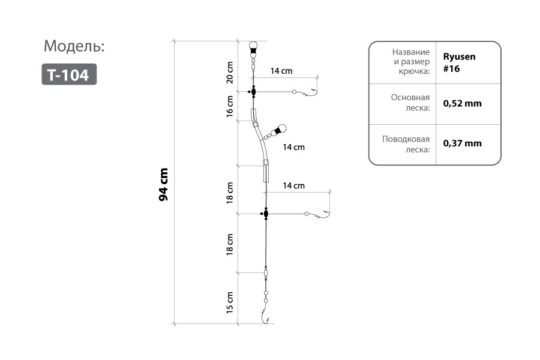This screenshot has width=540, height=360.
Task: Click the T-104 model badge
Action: (69, 74)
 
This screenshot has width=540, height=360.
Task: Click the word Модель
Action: (74, 46)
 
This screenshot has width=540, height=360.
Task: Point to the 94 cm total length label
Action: (163, 184)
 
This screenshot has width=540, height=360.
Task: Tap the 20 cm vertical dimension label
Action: (230, 73)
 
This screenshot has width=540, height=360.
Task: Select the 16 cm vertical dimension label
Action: (230, 106)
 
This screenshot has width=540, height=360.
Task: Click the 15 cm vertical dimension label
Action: (230, 302)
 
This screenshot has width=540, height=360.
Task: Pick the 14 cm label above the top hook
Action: (281, 71)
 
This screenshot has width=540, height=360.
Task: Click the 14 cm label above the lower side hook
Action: (294, 185)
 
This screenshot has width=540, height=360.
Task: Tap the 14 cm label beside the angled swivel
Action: (294, 147)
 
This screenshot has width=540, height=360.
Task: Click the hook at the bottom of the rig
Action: (265, 315)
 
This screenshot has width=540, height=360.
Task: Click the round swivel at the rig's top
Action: (253, 46)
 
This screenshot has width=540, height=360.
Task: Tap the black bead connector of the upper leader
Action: (253, 92)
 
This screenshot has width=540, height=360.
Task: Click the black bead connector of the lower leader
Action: (265, 214)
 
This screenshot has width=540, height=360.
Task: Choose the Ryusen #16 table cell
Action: (460, 62)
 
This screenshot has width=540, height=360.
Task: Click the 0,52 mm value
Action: (462, 103)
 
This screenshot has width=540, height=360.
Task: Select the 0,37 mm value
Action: (462, 143)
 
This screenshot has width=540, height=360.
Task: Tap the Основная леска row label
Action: (410, 103)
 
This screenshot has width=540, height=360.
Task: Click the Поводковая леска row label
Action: (406, 145)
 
